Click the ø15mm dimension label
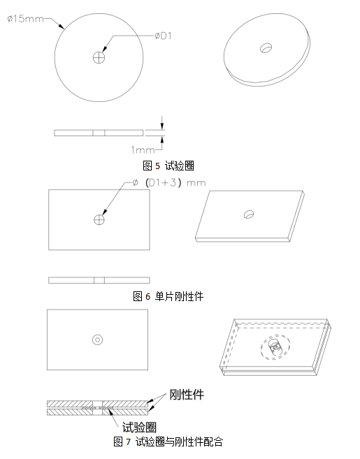click(x=25, y=19)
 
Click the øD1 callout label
click(x=163, y=36)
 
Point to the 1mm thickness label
click(x=143, y=150)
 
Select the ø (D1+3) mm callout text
click(x=169, y=183)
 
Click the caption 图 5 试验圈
click(x=168, y=166)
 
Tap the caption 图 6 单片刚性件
click(x=168, y=296)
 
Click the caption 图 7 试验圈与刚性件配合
click(x=168, y=442)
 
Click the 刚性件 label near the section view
click(x=187, y=395)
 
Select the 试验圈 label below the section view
click(x=139, y=427)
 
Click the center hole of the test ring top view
click(x=99, y=57)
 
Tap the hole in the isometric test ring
click(x=266, y=48)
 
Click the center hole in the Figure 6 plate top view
click(x=99, y=219)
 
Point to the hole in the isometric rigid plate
click(x=249, y=214)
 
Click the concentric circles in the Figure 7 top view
click(x=98, y=340)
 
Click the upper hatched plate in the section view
click(x=98, y=404)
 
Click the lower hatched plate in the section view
click(x=98, y=412)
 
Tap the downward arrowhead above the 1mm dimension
click(x=162, y=126)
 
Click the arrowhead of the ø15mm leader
click(x=62, y=27)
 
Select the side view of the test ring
click(x=99, y=133)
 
